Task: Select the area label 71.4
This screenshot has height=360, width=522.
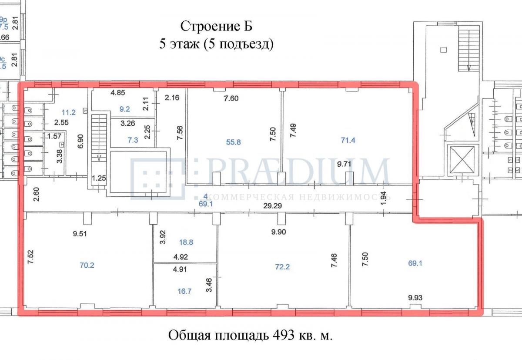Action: click(348, 140)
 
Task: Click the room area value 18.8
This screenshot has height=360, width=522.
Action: click(188, 243)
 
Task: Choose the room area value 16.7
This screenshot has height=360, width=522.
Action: click(184, 292)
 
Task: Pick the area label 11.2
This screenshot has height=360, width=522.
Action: click(68, 112)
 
